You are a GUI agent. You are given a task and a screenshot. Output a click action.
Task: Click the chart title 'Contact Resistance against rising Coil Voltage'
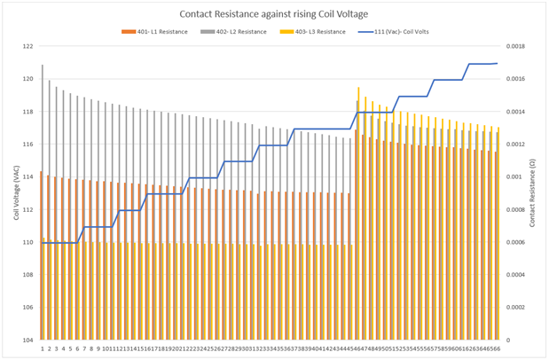point(274,14)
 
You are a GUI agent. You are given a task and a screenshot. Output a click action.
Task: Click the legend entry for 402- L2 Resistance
point(231,32)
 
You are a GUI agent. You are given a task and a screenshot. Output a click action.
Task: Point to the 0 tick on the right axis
point(508,340)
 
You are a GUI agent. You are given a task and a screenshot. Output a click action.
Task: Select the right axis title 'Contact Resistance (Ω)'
point(534,193)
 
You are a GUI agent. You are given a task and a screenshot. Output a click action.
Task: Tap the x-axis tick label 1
point(42,348)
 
